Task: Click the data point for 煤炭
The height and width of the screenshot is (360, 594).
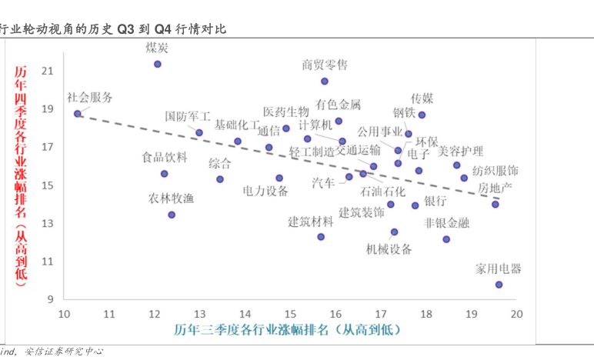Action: (158, 64)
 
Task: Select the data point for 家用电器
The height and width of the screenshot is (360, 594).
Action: (499, 285)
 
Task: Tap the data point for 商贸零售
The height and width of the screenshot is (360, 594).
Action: (325, 81)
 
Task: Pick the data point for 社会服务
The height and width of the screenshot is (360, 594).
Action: (78, 114)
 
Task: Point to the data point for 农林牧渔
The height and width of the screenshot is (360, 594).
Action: (172, 215)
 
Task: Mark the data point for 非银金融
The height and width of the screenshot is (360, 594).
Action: (446, 239)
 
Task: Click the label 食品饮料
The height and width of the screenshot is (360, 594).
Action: (165, 158)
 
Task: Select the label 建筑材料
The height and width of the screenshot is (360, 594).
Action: (311, 222)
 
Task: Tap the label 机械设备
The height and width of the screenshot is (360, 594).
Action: (389, 249)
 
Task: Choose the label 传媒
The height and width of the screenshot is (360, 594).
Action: (422, 98)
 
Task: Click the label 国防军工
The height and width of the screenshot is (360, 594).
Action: (188, 117)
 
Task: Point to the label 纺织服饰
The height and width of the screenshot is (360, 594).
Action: (495, 170)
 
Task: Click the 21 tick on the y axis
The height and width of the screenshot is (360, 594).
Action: (48, 71)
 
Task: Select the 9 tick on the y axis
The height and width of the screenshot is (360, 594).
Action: (48, 299)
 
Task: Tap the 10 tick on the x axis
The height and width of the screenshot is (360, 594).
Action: (64, 313)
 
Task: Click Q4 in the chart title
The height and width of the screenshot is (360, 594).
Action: (163, 29)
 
